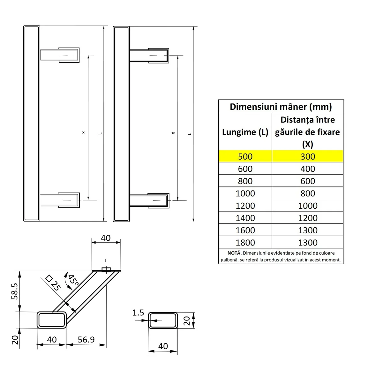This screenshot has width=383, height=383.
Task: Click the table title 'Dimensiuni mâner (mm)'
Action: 281,107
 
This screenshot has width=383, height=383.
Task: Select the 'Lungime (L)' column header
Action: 245,132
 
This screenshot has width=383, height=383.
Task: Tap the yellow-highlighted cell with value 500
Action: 245,156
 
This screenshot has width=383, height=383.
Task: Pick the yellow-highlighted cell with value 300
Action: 308,156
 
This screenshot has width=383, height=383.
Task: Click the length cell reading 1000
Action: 245,193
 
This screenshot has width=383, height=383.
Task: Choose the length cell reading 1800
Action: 245,243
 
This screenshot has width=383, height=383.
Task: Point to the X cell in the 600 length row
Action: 308,169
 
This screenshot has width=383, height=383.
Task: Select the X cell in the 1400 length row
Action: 308,218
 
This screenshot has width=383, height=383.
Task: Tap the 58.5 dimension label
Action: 15,291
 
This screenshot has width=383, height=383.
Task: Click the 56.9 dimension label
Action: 86,340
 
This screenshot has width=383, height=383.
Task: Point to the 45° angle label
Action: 73,280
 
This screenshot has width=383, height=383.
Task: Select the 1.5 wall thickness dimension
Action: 138,313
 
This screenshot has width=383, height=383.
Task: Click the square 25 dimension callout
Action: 53,282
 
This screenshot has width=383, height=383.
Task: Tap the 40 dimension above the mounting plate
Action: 106,238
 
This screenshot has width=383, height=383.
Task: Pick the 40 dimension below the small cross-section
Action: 163,346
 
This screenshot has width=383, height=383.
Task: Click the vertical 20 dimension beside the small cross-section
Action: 187,320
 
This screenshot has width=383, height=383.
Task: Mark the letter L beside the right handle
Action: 189,134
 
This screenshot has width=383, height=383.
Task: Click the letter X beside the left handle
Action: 84,132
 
